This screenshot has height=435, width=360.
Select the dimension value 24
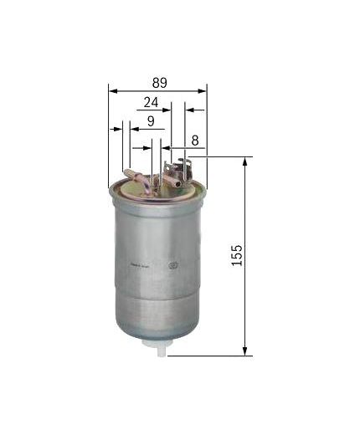pyautogui.click(x=151, y=103)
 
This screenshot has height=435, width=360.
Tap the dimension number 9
pyautogui.click(x=150, y=122)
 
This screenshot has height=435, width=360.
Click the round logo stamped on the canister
pyautogui.click(x=174, y=267)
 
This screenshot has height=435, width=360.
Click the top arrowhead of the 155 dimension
pyautogui.click(x=244, y=161)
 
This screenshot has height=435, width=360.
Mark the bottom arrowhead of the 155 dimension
pyautogui.click(x=244, y=351)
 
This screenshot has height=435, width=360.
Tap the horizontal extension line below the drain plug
pyautogui.click(x=209, y=356)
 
